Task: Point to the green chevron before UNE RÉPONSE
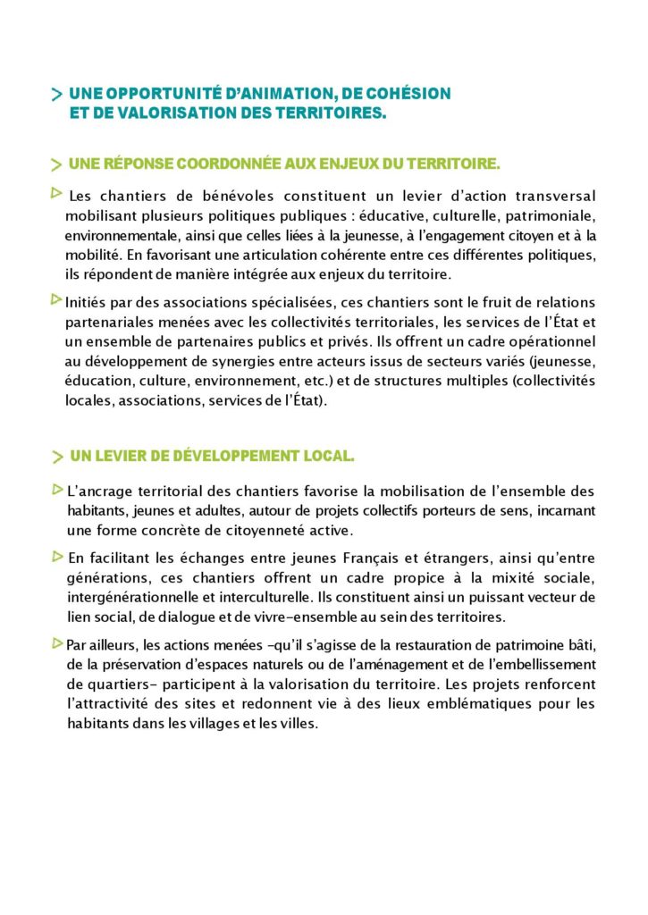click(57, 165)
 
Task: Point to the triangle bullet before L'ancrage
click(57, 489)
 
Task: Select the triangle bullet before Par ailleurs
click(57, 643)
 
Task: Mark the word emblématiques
click(469, 704)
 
